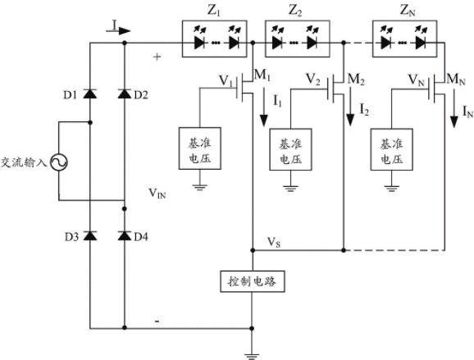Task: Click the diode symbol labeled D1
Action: (89, 94)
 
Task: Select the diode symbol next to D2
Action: (125, 94)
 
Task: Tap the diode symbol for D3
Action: (89, 236)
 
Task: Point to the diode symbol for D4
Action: (125, 236)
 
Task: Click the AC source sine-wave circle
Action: (59, 162)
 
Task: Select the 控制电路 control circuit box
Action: (253, 281)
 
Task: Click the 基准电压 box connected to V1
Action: (200, 148)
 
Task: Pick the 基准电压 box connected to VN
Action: (392, 149)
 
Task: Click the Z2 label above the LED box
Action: (295, 11)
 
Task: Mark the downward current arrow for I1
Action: (264, 107)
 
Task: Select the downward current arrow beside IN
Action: (453, 108)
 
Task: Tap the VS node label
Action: (274, 243)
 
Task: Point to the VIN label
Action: (157, 194)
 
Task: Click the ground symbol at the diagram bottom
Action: (252, 356)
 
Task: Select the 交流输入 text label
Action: (24, 162)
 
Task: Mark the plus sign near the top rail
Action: (157, 57)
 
